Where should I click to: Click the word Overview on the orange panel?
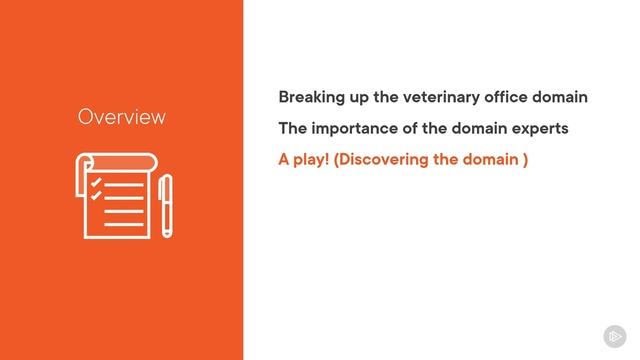click(121, 117)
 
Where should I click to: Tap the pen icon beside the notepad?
click(165, 205)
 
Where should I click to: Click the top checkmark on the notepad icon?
click(96, 183)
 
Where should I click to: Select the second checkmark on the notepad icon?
click(96, 196)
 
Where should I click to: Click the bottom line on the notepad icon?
click(123, 223)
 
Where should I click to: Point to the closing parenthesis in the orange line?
click(525, 160)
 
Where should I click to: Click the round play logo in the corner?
click(614, 336)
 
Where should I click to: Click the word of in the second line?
click(414, 129)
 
